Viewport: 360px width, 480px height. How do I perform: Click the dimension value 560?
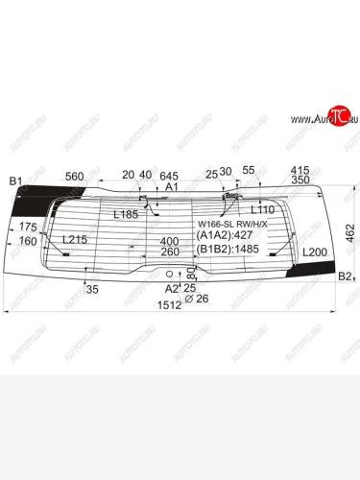point(75,177)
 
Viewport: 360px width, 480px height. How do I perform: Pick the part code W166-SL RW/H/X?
point(230,223)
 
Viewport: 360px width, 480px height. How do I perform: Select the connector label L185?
point(126,214)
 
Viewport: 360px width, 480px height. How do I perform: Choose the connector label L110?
point(262,209)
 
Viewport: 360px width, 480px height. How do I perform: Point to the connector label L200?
point(314,251)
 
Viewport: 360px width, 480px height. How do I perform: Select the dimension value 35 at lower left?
point(93,289)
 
